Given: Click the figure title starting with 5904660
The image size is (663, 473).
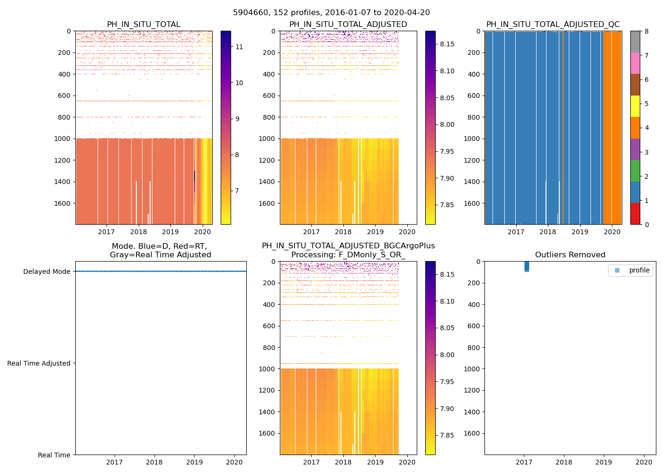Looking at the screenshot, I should [x=331, y=13].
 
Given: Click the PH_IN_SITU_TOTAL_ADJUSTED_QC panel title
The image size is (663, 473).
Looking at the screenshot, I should [x=553, y=25].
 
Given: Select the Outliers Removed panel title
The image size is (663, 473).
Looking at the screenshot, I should [x=570, y=255].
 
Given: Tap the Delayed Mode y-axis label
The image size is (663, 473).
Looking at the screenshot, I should [x=46, y=272].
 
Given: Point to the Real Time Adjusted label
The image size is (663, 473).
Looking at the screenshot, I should [x=39, y=363].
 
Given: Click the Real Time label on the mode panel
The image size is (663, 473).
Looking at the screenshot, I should [x=54, y=455].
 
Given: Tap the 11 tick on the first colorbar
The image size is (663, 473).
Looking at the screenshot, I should [x=239, y=47].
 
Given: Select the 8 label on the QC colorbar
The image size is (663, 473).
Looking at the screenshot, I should [x=646, y=31].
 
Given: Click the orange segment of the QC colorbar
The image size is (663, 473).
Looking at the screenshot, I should [x=635, y=128].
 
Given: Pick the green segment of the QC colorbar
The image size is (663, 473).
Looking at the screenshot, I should [x=635, y=171].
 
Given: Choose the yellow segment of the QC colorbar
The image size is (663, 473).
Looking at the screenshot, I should [x=635, y=106].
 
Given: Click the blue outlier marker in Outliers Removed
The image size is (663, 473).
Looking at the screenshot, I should [x=527, y=267].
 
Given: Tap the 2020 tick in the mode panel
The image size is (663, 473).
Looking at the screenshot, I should [x=234, y=462].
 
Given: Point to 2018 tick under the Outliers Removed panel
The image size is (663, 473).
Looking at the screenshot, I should [x=564, y=462].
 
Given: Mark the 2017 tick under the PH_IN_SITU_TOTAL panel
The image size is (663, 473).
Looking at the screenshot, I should [x=107, y=232].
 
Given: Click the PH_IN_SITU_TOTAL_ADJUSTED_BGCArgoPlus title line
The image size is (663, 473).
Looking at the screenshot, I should [x=348, y=246].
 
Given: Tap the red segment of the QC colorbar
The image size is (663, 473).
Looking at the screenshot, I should [x=635, y=214].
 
